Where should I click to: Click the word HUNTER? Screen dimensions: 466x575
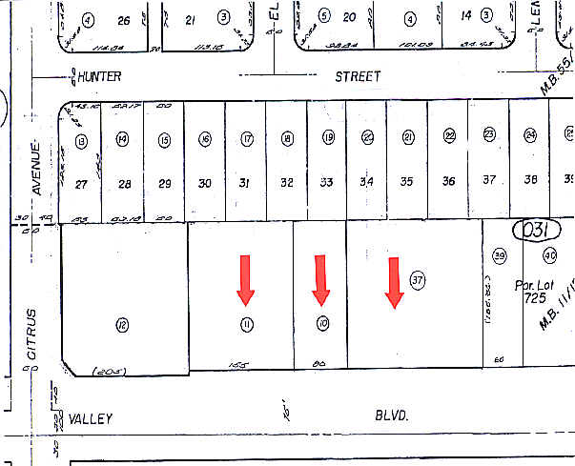(x=101, y=75)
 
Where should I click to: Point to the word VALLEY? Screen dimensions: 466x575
(x=91, y=418)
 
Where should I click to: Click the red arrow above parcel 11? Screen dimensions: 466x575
(x=247, y=277)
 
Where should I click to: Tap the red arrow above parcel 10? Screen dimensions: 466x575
(x=321, y=277)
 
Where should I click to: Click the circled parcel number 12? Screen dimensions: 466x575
(x=122, y=326)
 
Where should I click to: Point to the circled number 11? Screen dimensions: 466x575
(x=247, y=325)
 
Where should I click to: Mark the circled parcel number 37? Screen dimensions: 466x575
(x=417, y=279)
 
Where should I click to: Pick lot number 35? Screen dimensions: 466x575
(x=407, y=181)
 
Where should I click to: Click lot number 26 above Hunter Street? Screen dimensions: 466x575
(x=123, y=20)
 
